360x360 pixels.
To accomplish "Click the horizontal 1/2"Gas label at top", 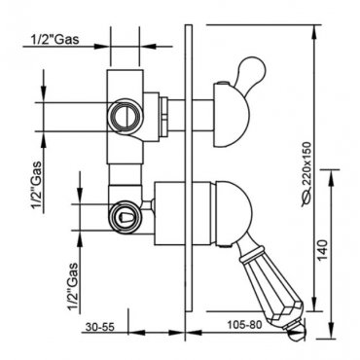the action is coord(54,39).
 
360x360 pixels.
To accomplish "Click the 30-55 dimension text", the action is coord(100,327).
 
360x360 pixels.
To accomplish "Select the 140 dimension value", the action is coord(322,250).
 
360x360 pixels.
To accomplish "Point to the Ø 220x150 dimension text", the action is coord(306,174).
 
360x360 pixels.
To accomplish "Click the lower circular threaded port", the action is coord(125,216).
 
